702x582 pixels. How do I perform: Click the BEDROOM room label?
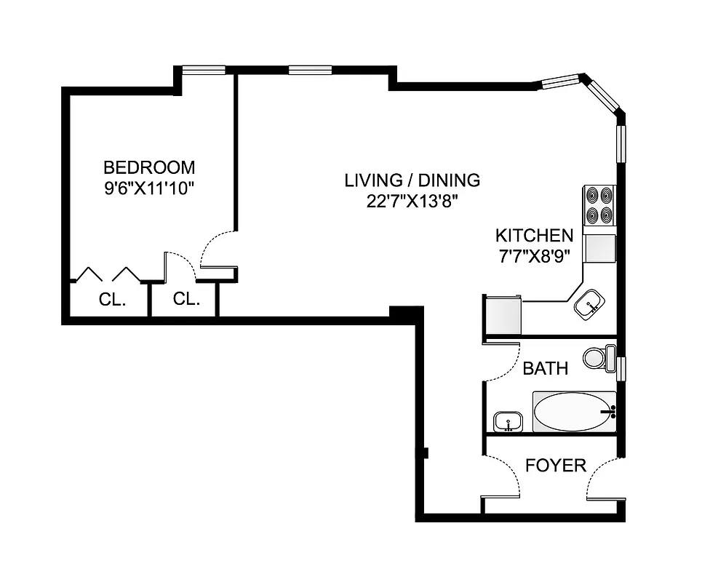pos(149,167)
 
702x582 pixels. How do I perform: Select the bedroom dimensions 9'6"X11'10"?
pos(149,188)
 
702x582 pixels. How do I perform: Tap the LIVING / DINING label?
pos(412,180)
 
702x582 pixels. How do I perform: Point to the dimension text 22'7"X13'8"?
pos(412,202)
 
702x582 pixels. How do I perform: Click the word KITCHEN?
pos(534,236)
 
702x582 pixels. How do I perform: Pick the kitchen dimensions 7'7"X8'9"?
pos(534,256)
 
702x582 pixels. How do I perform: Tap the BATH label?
pos(546,369)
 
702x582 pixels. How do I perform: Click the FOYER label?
pos(556,466)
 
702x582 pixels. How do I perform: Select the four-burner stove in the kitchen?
pos(599,206)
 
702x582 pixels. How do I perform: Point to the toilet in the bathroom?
pos(597,358)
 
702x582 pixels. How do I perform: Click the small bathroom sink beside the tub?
pos(507,421)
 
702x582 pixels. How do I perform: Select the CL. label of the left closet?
pos(113,299)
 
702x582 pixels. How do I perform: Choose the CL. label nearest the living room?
pos(187,299)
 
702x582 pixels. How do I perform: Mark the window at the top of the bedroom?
pos(204,70)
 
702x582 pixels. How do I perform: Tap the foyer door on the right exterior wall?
pos(604,478)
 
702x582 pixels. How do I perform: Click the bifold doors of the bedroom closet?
pos(109,274)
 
